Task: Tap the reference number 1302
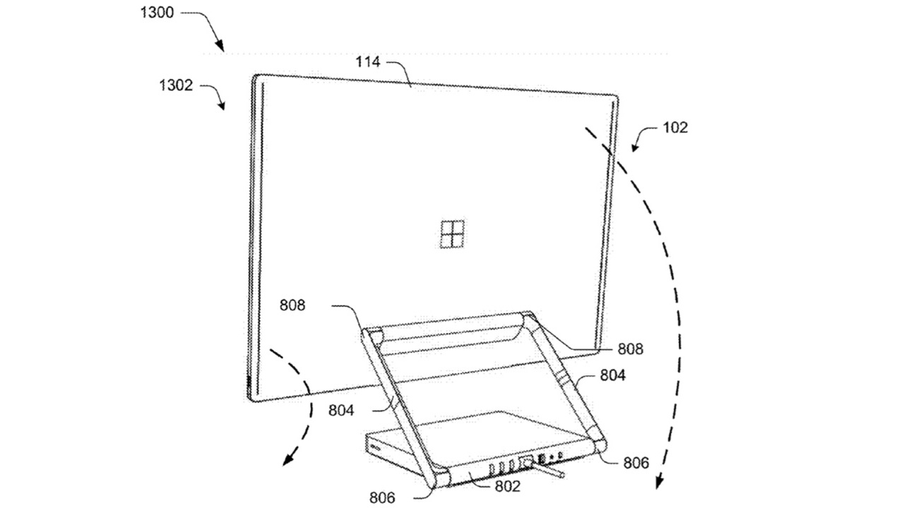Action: [174, 86]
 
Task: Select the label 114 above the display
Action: [368, 62]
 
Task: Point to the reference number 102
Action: [676, 128]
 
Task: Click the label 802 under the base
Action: [507, 486]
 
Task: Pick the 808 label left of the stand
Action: [293, 306]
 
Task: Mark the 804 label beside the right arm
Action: [612, 376]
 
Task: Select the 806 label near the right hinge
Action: [637, 464]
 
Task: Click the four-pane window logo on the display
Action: [452, 234]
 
